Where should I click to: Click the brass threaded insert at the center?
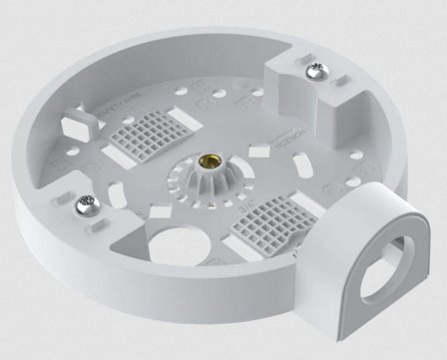tap(210, 164)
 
